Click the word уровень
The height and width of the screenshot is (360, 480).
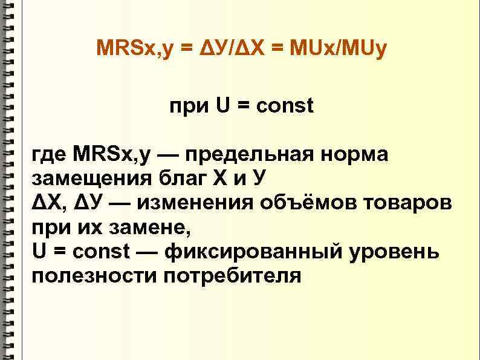tap(395, 251)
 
